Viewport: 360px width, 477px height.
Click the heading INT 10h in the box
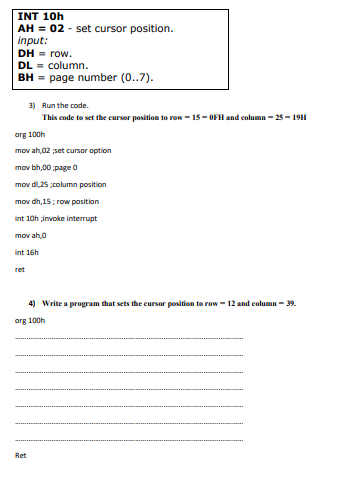[x=40, y=16]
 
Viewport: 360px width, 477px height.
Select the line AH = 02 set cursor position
[x=96, y=28]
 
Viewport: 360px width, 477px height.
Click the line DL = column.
[x=55, y=64]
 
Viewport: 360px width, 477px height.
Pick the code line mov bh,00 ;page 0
[x=55, y=167]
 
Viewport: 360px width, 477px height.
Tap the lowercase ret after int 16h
[x=20, y=269]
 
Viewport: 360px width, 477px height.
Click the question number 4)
[x=32, y=302]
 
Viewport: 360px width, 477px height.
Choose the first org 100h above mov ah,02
[x=30, y=132]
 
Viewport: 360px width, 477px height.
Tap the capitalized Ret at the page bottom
[x=21, y=456]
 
